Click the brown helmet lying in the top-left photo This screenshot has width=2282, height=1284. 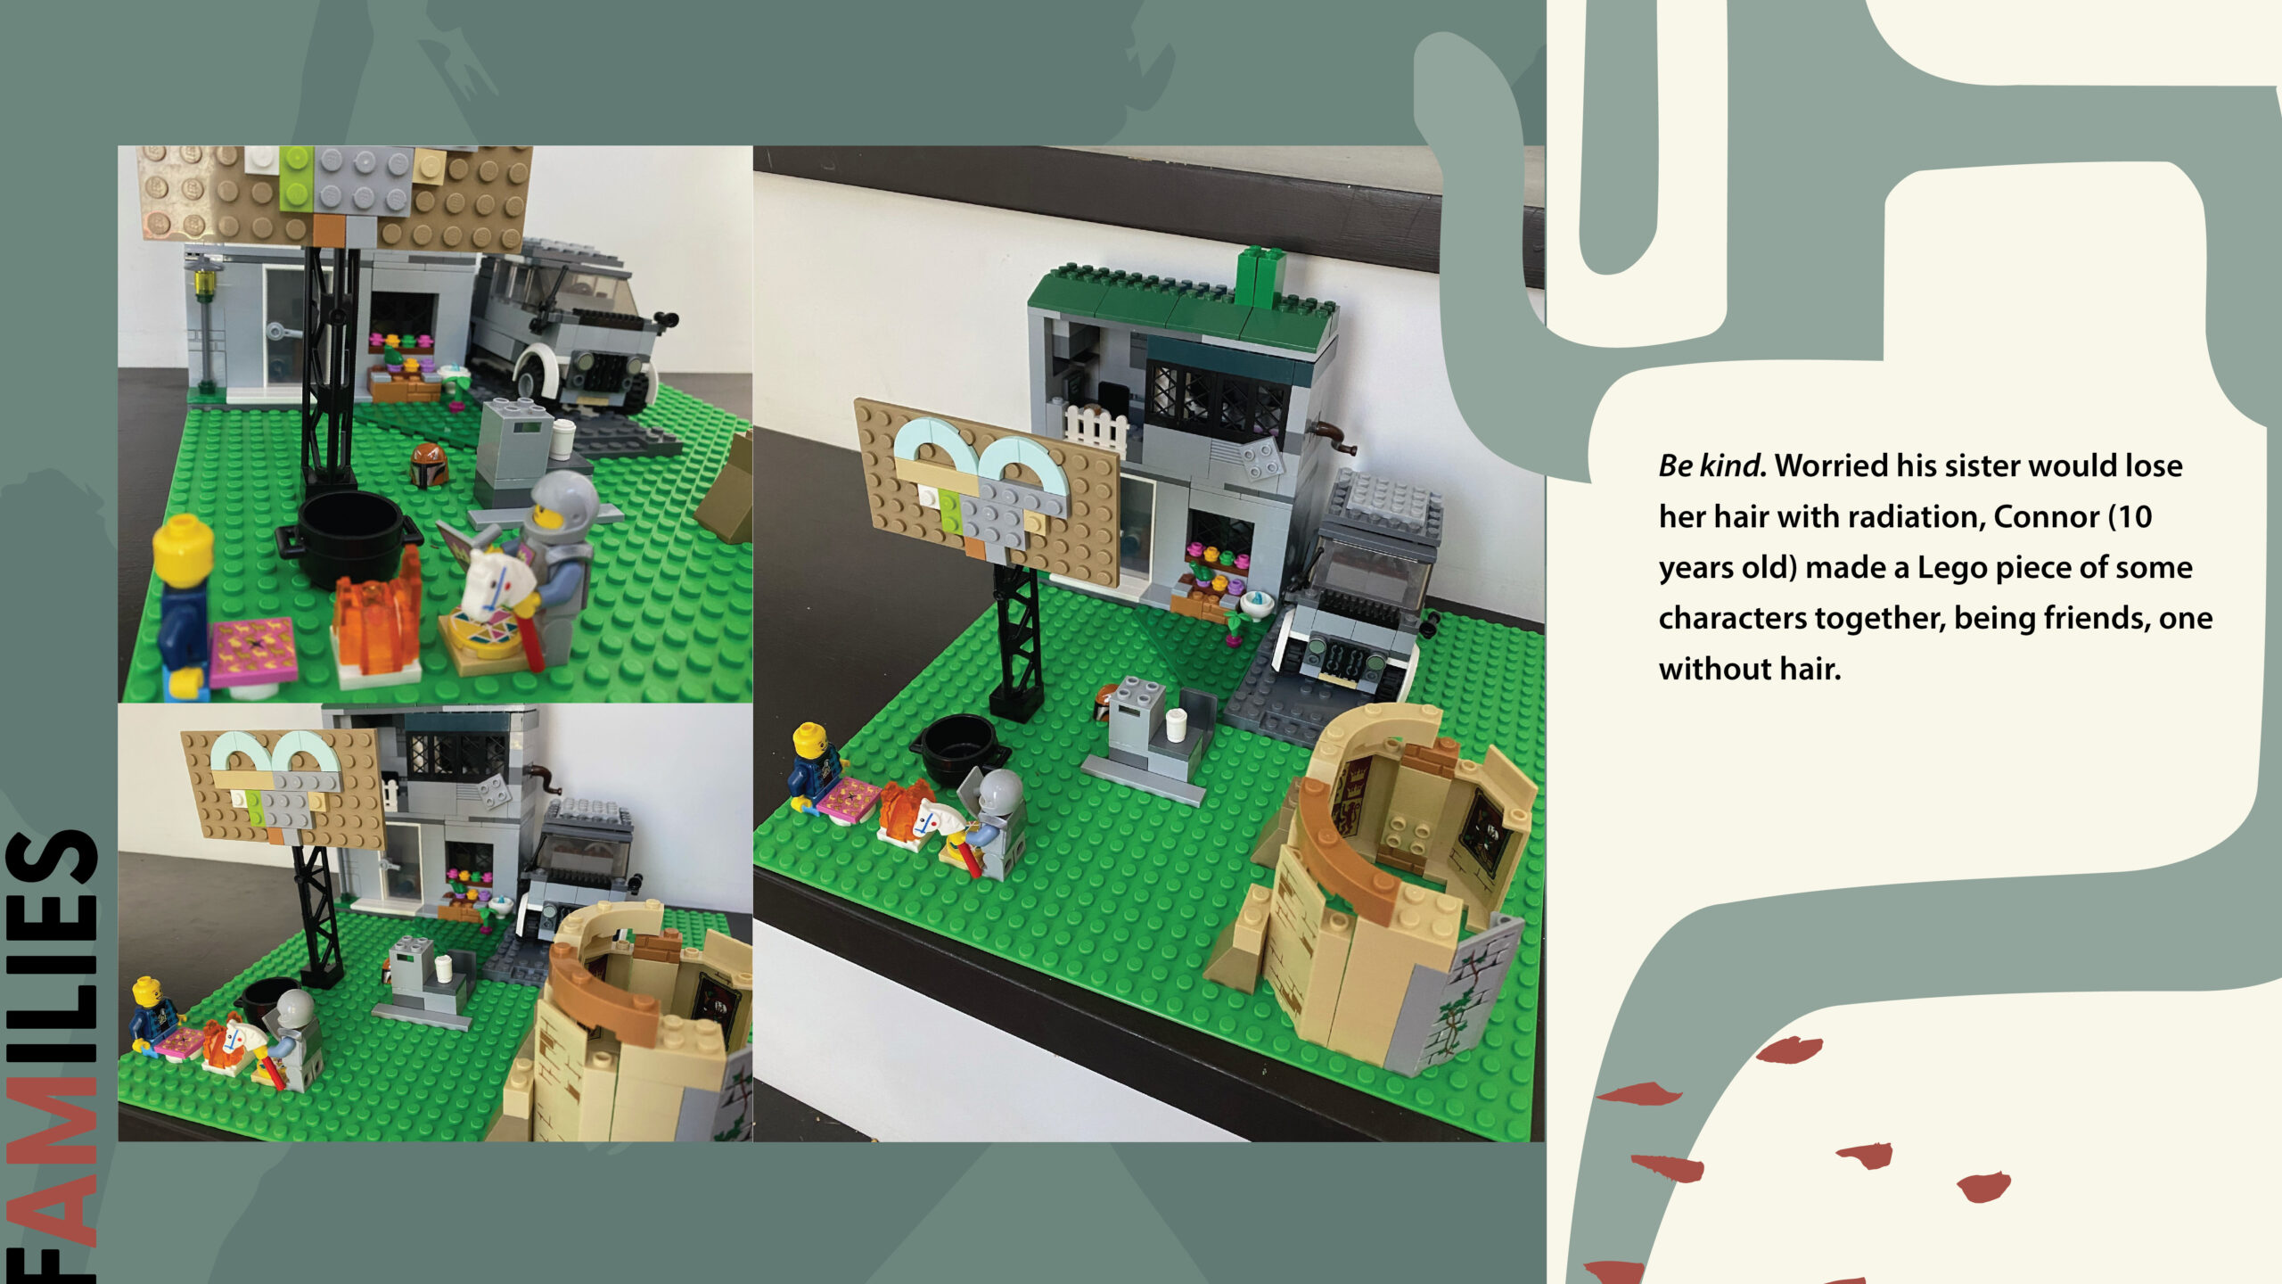[429, 464]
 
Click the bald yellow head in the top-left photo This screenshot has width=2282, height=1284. [183, 550]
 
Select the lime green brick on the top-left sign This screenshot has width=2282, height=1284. [296, 178]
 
